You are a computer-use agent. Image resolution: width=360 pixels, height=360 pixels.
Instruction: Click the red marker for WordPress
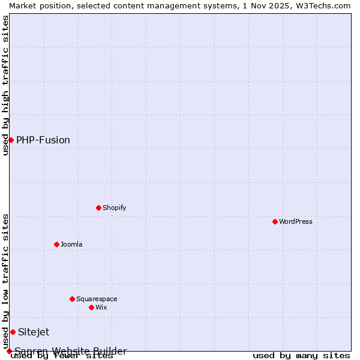pos(275,221)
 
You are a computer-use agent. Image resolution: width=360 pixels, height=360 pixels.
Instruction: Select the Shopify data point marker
pos(98,208)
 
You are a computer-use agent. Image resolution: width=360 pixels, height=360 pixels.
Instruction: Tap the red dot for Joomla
pos(56,244)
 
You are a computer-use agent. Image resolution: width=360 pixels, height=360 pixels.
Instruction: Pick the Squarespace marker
pos(72,299)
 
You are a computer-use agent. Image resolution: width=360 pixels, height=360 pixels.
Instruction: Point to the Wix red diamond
pos(91,307)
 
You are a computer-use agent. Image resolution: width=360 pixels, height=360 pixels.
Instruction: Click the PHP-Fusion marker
pos(11,140)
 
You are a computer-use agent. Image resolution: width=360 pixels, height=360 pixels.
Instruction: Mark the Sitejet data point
pos(13,332)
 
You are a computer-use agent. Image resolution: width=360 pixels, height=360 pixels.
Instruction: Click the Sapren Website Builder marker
pos(9,351)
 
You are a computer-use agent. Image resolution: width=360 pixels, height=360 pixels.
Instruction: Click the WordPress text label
pos(296,221)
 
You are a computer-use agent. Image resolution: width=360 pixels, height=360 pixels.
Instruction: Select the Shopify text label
pos(114,208)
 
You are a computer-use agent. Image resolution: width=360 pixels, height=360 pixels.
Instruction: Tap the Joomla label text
pos(71,244)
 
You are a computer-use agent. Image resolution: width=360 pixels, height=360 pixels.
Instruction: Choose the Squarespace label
pos(97,299)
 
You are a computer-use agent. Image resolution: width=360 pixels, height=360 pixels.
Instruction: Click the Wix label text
pos(101,307)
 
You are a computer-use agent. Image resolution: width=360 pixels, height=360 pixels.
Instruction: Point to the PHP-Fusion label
pos(43,140)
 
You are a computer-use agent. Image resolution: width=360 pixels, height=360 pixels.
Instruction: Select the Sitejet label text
pos(34,332)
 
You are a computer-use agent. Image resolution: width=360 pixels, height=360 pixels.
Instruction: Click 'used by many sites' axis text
pos(301,355)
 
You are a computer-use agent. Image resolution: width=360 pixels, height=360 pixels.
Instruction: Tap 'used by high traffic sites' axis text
pos(5,85)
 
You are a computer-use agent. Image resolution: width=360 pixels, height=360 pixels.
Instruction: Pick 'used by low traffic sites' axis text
pos(5,281)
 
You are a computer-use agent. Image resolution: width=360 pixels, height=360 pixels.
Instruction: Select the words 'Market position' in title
pos(37,5)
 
